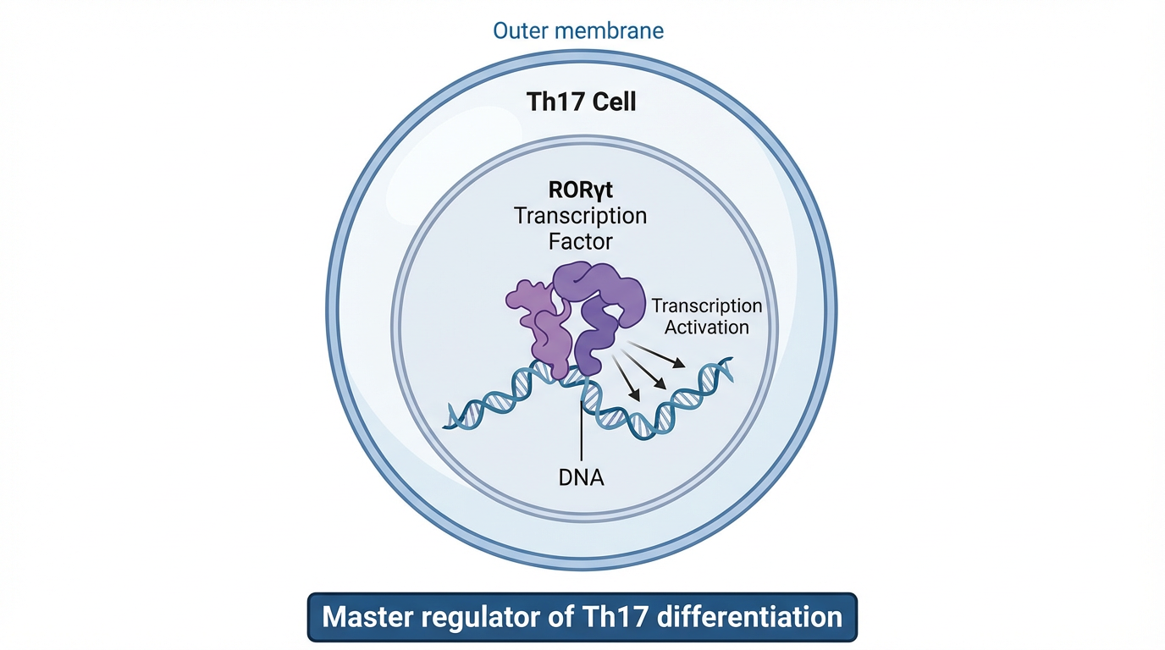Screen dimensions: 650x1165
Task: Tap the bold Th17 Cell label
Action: (x=581, y=103)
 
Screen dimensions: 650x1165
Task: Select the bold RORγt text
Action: (x=581, y=190)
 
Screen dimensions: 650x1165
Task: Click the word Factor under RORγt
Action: (x=581, y=241)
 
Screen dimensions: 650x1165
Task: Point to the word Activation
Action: (x=707, y=327)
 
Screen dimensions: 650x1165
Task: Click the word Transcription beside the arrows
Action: (x=707, y=306)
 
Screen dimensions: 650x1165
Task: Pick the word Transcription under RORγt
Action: (x=581, y=216)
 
